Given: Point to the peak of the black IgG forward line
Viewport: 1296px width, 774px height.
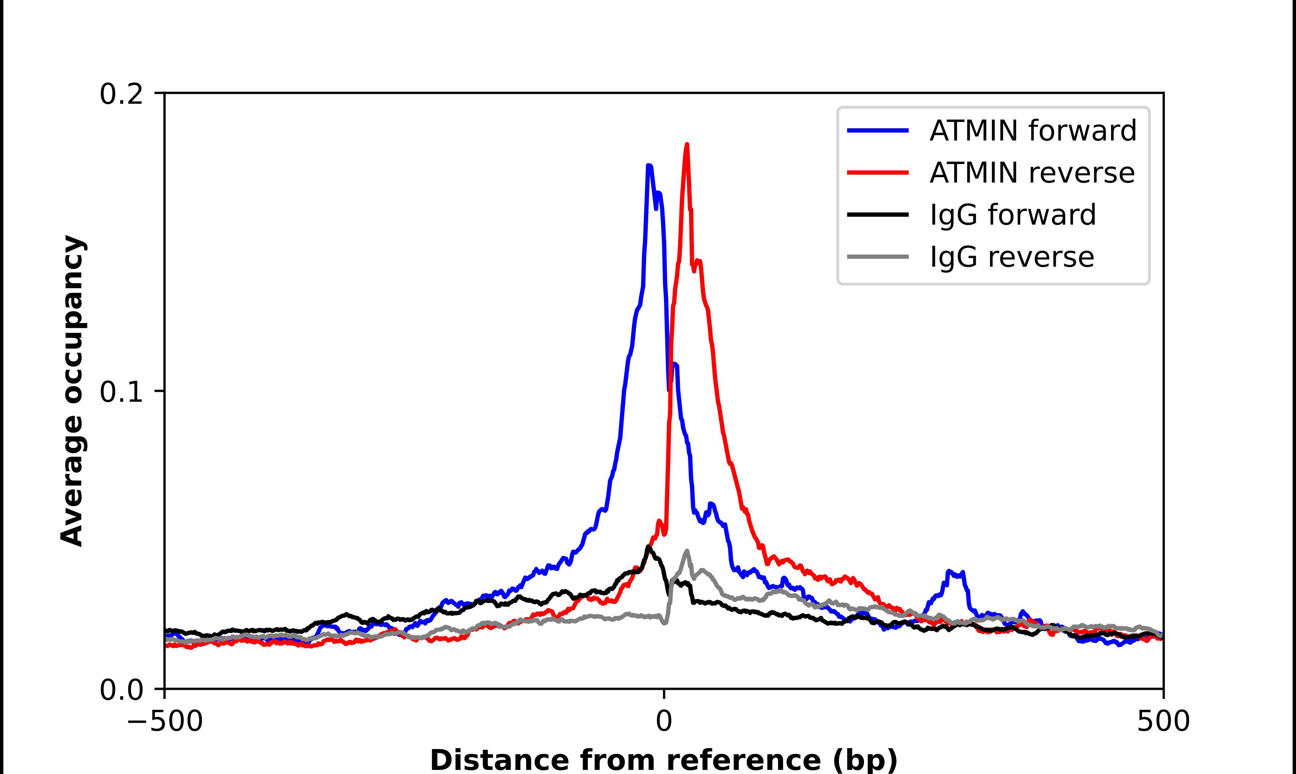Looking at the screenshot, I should click(x=648, y=547).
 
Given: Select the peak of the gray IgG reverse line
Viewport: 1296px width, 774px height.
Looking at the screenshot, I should click(x=687, y=551).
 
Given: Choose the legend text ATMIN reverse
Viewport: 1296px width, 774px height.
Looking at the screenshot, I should click(x=1032, y=173).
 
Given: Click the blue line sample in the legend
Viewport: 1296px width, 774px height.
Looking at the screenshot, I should click(x=878, y=130).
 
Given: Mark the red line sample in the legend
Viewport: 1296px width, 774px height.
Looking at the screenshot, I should click(x=878, y=173).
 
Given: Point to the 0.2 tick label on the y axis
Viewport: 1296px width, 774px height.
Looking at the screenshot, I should click(x=121, y=94).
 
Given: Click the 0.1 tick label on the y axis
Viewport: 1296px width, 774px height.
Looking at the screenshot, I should click(x=121, y=392).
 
